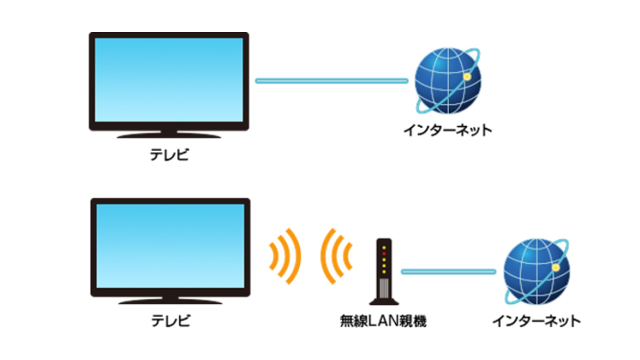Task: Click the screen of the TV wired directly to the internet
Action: coord(168,81)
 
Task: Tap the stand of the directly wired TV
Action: coord(168,135)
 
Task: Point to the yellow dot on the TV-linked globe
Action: coord(465,77)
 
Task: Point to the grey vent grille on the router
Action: coord(385,284)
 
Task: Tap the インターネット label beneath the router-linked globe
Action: coord(536,321)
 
